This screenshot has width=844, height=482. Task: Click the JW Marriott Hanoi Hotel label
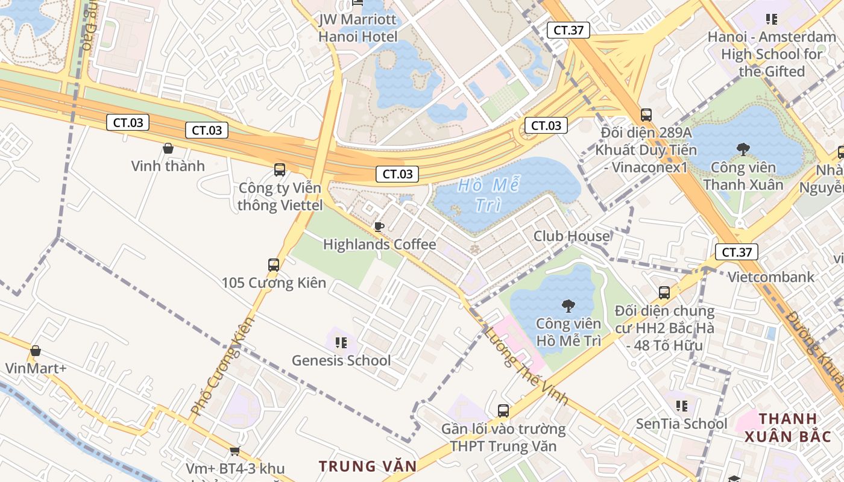[358, 28]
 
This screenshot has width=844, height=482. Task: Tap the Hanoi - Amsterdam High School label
[772, 54]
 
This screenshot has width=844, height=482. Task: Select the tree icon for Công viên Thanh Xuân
[743, 148]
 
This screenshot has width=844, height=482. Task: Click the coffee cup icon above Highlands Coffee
[379, 227]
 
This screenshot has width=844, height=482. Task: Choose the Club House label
[572, 236]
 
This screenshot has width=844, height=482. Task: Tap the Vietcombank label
[771, 277]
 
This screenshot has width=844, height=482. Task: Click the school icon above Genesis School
[341, 343]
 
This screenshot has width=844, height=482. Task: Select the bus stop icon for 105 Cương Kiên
[274, 264]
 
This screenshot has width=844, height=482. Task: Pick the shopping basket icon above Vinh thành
[168, 148]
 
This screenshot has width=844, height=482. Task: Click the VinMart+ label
[36, 368]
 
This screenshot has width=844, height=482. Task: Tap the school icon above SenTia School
[682, 406]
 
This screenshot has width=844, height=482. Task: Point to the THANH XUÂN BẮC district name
[788, 427]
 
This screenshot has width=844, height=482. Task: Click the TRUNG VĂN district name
[368, 466]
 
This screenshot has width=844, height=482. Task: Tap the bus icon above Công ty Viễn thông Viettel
[280, 169]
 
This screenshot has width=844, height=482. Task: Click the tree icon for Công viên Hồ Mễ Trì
[568, 306]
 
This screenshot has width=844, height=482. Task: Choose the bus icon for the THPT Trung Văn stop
[503, 411]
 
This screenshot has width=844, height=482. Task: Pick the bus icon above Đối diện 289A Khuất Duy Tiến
[646, 114]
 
